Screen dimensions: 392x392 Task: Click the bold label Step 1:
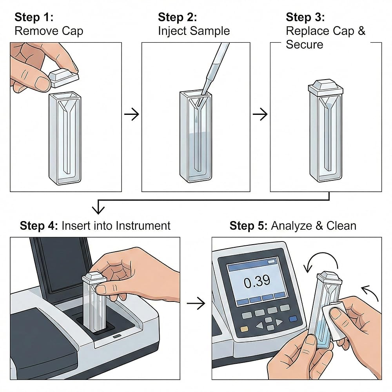tap(34, 17)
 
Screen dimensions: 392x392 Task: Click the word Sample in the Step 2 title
tap(210, 31)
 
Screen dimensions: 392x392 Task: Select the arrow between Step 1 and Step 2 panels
tap(132, 114)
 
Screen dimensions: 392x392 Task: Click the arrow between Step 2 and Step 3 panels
tap(260, 114)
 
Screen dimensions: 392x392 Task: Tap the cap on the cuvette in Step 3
tap(325, 88)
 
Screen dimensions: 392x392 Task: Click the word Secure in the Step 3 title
tap(305, 45)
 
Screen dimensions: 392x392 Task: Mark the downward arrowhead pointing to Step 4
tap(98, 209)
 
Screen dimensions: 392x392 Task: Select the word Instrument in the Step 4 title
tap(143, 225)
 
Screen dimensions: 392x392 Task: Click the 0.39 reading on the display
tap(257, 281)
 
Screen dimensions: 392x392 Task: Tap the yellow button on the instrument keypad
tap(244, 329)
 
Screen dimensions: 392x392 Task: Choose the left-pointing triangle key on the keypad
tap(260, 325)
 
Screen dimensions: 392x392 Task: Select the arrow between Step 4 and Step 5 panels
tap(196, 303)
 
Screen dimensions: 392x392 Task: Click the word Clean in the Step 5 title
tap(341, 226)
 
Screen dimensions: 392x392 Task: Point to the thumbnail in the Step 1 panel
tap(41, 83)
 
